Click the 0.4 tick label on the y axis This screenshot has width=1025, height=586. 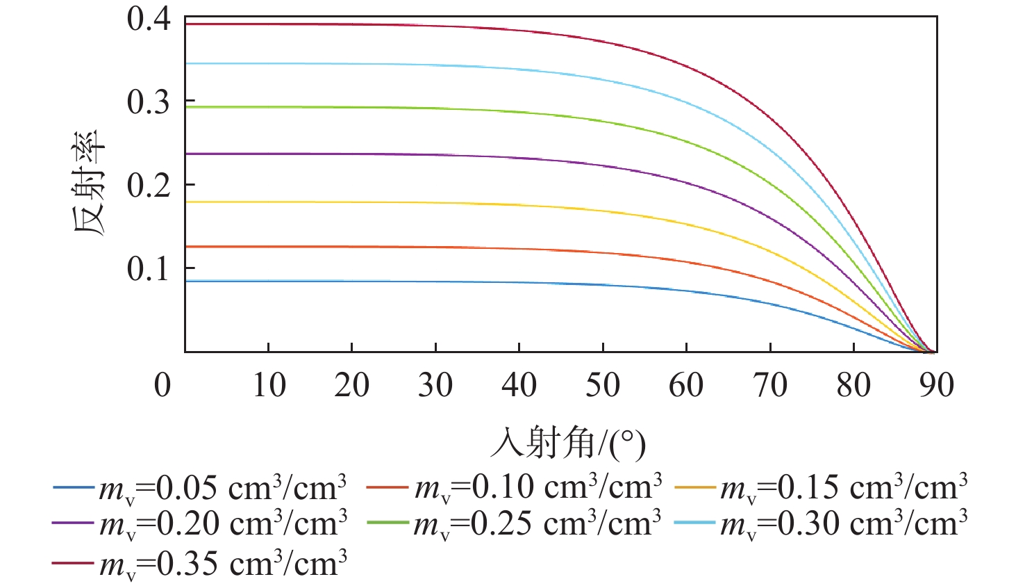(x=149, y=19)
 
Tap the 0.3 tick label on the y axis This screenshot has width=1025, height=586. (x=149, y=102)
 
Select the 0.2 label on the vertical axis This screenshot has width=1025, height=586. (x=149, y=186)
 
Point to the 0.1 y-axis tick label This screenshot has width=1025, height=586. (x=149, y=269)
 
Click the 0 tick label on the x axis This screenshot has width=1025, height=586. (x=162, y=385)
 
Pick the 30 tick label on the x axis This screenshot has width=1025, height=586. (x=435, y=385)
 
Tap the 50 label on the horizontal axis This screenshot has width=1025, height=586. (x=603, y=385)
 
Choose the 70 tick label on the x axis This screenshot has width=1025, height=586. (x=770, y=385)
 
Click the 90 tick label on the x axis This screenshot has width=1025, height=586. (x=937, y=385)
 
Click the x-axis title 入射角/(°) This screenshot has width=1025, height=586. (x=568, y=443)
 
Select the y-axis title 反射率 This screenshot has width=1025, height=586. (x=90, y=183)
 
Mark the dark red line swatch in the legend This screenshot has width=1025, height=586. (x=72, y=562)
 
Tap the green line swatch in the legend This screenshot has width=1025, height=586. (x=387, y=523)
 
